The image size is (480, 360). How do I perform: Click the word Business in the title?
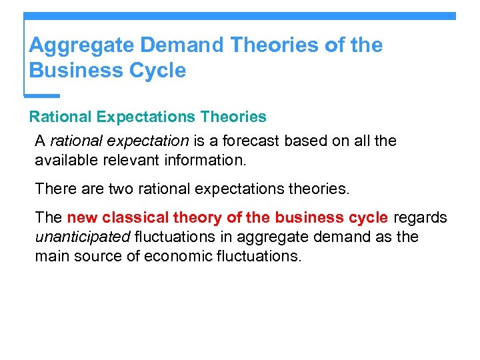click(74, 70)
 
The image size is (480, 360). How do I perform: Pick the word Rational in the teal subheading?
click(60, 117)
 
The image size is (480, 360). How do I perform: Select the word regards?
click(421, 218)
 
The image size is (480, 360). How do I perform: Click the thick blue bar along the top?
click(240, 15)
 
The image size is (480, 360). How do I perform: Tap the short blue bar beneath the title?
click(42, 95)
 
